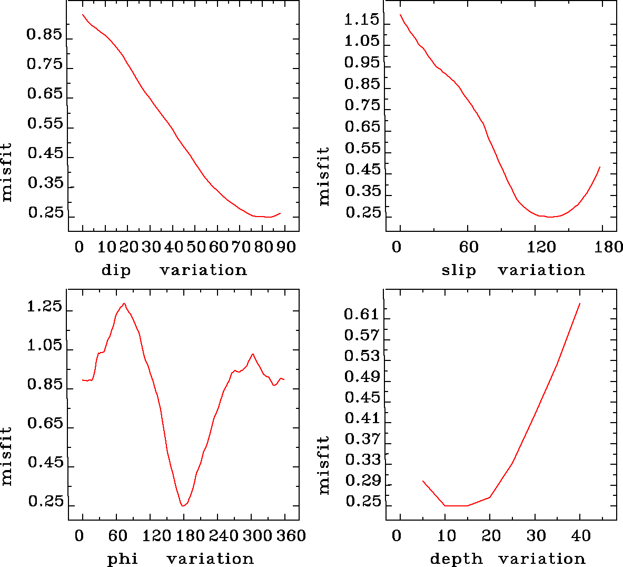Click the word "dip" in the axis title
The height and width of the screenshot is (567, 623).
click(116, 271)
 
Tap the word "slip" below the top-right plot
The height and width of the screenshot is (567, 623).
click(459, 271)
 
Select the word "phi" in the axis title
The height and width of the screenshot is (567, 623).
click(123, 559)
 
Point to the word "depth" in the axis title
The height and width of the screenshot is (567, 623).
click(457, 559)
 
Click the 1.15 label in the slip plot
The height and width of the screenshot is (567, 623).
click(361, 20)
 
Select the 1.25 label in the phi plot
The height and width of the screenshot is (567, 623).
click(45, 307)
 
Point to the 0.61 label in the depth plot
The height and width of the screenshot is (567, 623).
click(361, 315)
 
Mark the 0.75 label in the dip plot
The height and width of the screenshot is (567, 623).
click(45, 64)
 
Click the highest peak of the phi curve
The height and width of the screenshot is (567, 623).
click(124, 304)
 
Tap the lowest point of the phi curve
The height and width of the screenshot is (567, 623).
click(183, 506)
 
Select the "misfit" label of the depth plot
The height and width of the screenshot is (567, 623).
click(324, 465)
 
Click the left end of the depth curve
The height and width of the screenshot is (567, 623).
click(422, 481)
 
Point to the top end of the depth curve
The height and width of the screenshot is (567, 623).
click(580, 304)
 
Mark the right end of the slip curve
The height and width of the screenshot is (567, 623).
click(600, 167)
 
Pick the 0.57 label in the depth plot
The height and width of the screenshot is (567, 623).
click(361, 335)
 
